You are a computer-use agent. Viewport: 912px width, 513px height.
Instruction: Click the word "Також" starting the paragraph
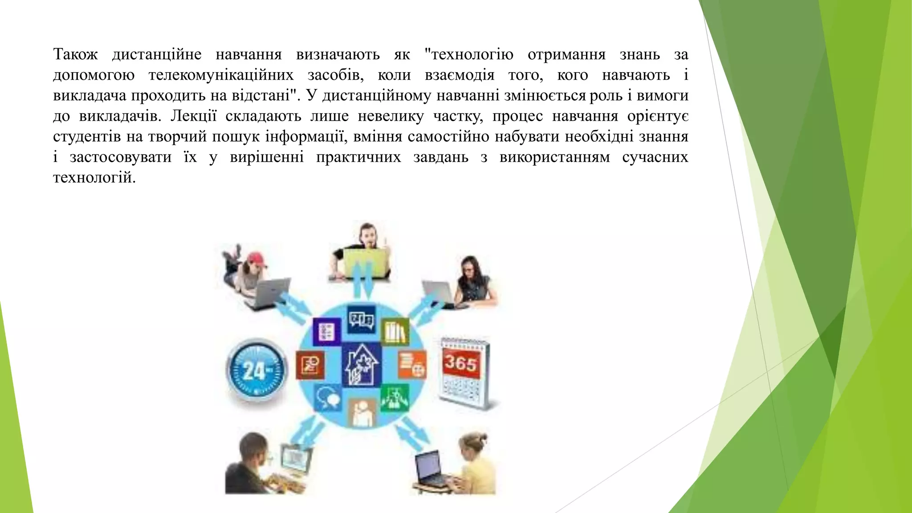tap(75, 55)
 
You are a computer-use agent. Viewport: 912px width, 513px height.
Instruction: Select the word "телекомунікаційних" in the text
tap(221, 75)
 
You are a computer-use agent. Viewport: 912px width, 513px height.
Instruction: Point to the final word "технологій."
tap(94, 178)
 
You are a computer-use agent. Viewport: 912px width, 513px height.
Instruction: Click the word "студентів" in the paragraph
tap(87, 137)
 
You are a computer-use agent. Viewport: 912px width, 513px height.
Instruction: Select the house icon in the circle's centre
tap(362, 366)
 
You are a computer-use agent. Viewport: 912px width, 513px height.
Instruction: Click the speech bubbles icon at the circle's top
tap(361, 319)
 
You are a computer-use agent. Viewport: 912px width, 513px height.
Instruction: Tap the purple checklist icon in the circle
tap(327, 332)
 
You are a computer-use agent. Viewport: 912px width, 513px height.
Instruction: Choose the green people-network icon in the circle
tap(395, 398)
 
